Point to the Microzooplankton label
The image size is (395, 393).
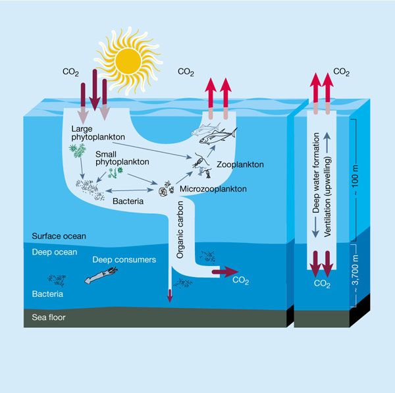(x=213, y=189)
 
